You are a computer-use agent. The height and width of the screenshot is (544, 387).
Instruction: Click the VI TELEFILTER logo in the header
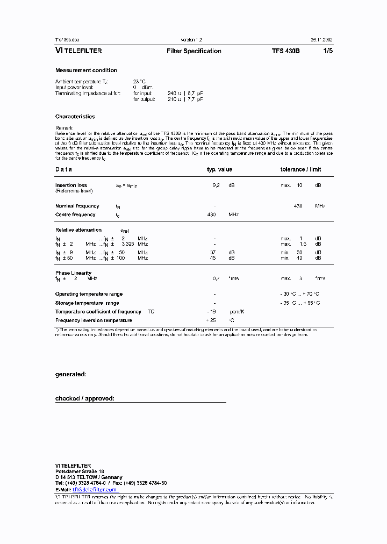pyautogui.click(x=78, y=51)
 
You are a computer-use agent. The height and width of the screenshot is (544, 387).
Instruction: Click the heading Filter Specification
pyautogui.click(x=194, y=51)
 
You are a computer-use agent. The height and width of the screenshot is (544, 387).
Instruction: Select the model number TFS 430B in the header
pyautogui.click(x=286, y=51)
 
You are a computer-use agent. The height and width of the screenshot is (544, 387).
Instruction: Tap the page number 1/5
pyautogui.click(x=327, y=51)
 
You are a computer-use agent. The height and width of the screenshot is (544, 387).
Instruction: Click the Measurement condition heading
pyautogui.click(x=86, y=70)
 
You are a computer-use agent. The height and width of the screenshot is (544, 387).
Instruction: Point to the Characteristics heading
pyautogui.click(x=75, y=117)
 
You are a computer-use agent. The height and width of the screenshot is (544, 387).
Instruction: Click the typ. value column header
pyautogui.click(x=219, y=169)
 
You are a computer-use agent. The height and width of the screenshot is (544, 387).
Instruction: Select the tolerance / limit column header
pyautogui.click(x=300, y=169)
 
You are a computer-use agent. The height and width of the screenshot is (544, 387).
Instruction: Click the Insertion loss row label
pyautogui.click(x=71, y=185)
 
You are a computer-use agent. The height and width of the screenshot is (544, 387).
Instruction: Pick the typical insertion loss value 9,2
pyautogui.click(x=216, y=185)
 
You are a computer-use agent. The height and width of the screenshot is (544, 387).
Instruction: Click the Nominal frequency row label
pyautogui.click(x=77, y=206)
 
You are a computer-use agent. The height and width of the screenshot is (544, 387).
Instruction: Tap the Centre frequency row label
pyautogui.click(x=75, y=214)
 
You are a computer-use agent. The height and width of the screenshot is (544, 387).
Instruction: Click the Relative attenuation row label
pyautogui.click(x=78, y=230)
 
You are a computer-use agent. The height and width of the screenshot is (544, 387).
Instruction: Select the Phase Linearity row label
pyautogui.click(x=73, y=273)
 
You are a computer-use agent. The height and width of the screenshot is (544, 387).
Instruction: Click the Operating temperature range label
pyautogui.click(x=89, y=294)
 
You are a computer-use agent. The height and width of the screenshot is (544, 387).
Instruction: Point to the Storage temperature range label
pyautogui.click(x=87, y=303)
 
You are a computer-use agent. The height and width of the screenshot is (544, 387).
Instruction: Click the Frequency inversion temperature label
pyautogui.click(x=94, y=320)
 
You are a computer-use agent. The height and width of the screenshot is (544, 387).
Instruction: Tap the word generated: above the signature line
pyautogui.click(x=70, y=374)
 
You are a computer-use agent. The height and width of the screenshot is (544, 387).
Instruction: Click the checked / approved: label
pyautogui.click(x=85, y=399)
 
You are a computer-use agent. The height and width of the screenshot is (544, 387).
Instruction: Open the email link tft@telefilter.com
pyautogui.click(x=95, y=490)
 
